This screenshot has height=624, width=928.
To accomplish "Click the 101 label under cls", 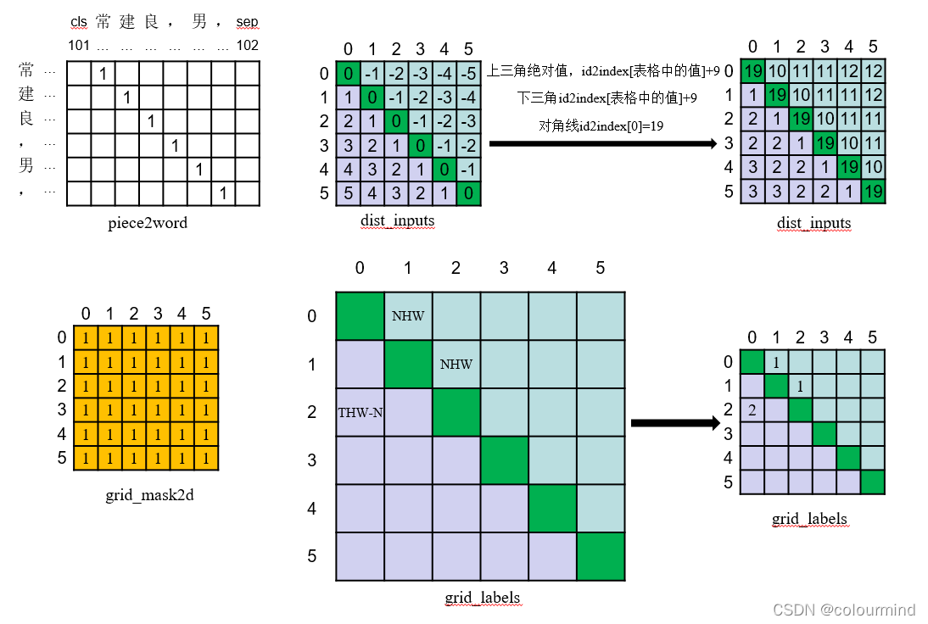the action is tap(78, 45).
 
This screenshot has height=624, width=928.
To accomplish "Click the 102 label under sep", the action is tap(248, 45).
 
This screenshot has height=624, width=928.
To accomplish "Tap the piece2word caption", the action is tap(148, 224).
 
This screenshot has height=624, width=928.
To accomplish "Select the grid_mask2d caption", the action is tap(149, 494).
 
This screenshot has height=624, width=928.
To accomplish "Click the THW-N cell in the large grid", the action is tap(360, 413).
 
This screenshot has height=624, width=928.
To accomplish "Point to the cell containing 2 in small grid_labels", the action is tap(752, 409).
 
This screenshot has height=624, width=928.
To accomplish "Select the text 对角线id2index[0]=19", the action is tap(601, 125).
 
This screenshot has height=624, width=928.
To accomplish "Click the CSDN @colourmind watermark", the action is tap(857, 609).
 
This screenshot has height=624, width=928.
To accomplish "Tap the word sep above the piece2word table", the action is tap(248, 22).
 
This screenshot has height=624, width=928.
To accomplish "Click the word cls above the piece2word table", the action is tap(79, 22).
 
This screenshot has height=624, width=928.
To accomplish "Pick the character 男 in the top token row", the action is tap(199, 21).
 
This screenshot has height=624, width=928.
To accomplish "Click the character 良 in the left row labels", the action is tap(26, 119).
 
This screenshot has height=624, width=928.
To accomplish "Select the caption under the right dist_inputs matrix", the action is tap(813, 224).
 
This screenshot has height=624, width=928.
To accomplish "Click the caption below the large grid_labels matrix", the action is tap(482, 599).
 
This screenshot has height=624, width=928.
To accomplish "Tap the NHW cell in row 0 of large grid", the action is tap(408, 316).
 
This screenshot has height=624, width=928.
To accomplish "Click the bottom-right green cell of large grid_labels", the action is tap(601, 556).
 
